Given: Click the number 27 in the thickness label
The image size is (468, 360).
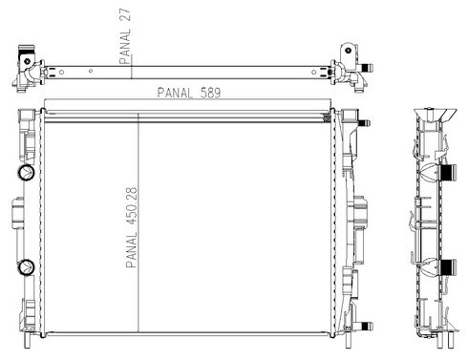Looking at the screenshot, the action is pos(126,15).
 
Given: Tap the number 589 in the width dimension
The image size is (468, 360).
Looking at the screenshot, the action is pos(210,93).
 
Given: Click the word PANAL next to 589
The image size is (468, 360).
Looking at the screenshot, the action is pos(175,93).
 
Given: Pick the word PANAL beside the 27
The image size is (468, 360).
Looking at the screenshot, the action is pos(125,46).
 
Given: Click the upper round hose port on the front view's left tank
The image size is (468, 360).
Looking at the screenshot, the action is pos(26,173).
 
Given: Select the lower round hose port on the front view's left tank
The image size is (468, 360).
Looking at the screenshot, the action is pos(26,267).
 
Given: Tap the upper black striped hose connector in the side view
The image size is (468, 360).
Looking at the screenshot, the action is pos(448,173).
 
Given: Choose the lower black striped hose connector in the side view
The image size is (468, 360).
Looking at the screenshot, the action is pos(448,267).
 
